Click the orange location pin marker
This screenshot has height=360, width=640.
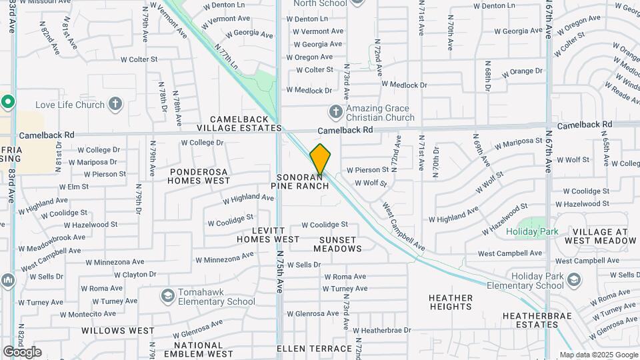coord(321,160)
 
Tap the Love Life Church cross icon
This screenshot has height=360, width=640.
coord(116,104)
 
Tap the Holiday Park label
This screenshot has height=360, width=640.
coord(532,231)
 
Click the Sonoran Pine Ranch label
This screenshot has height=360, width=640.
coord(303,181)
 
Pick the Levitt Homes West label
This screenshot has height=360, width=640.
coord(268,234)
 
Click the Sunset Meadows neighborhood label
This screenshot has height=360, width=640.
coord(337,244)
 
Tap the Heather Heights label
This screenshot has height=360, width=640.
coord(451,302)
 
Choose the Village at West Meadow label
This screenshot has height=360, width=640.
coord(596,236)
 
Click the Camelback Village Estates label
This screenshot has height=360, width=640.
coord(239,123)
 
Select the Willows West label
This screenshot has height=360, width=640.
coord(118,331)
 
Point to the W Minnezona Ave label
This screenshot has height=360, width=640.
coord(225,257)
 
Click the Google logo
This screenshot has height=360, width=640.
coord(22,351)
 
